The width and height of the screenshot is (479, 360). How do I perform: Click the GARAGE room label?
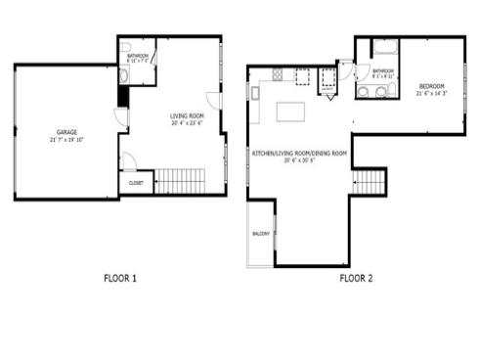(66, 132)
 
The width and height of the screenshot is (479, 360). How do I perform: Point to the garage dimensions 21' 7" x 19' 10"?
(66, 139)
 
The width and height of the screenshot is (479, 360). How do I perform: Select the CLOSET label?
(136, 182)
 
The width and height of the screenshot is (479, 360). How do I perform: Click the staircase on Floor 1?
(178, 180)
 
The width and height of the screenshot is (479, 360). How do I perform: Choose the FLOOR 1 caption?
(120, 278)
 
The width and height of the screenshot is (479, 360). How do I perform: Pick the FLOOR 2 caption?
(356, 278)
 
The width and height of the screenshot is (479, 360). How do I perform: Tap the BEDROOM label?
(431, 86)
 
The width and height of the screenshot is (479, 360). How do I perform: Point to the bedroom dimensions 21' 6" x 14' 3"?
(431, 94)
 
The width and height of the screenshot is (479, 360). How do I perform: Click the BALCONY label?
(261, 234)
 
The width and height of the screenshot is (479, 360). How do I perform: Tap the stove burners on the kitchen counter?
(278, 74)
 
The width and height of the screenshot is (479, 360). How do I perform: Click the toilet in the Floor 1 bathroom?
(124, 74)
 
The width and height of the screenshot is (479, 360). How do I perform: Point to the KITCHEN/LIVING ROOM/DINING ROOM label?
(301, 154)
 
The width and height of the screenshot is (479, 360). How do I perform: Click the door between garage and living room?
(120, 117)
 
